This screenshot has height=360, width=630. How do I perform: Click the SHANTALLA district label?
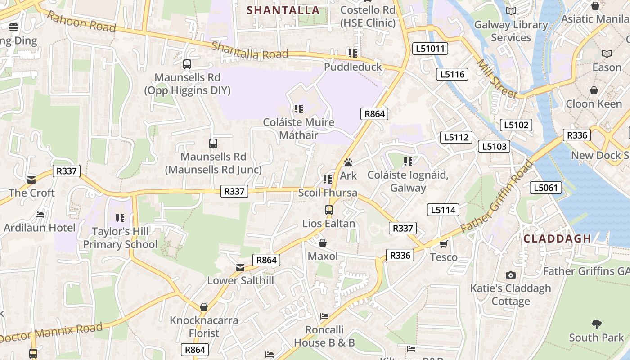(283, 10)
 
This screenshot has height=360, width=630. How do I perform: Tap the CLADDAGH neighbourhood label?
(557, 238)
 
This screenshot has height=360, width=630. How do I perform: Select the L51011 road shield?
(430, 49)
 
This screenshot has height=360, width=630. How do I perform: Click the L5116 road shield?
(452, 74)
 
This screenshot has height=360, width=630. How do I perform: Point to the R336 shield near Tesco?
(400, 256)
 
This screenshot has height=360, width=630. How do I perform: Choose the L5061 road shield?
(546, 188)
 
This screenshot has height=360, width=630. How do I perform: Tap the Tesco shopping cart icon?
(444, 244)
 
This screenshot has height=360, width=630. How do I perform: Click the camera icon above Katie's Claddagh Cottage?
(510, 275)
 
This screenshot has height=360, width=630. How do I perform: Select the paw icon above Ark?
(348, 162)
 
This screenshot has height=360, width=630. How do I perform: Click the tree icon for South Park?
(596, 324)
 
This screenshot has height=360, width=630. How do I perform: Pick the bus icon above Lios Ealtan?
(329, 210)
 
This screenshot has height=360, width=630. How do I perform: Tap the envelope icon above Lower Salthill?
(240, 268)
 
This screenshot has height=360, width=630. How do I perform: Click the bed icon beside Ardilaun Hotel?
(40, 215)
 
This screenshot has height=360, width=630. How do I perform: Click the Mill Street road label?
(497, 79)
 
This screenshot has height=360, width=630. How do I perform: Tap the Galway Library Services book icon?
(511, 11)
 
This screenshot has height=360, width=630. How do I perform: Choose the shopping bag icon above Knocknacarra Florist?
(204, 307)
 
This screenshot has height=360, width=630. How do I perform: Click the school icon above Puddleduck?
(353, 54)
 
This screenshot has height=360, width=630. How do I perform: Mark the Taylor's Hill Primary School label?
(120, 238)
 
